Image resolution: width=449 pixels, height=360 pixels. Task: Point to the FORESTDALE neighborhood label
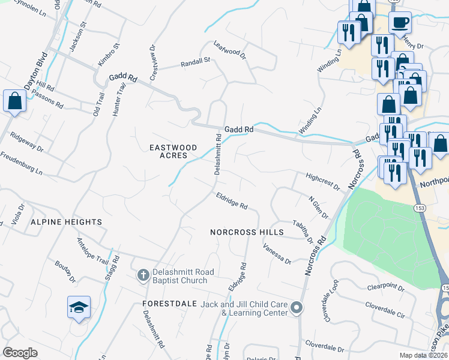tap(170, 304)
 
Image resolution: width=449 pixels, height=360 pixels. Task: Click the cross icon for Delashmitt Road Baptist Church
tap(143, 275)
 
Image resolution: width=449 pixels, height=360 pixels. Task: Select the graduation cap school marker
tap(79, 307)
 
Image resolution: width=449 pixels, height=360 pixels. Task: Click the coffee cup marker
tap(400, 23)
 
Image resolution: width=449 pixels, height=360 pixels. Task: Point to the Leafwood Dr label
tap(231, 50)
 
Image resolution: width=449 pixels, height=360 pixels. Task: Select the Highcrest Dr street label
tap(323, 181)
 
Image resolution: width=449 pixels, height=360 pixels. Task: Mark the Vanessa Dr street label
tap(277, 254)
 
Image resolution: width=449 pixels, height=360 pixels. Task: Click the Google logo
tap(20, 353)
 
